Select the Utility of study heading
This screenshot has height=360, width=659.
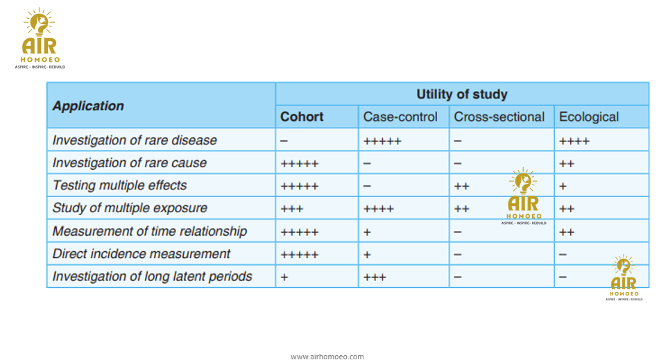click(x=462, y=94)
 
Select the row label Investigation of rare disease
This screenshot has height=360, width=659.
click(x=135, y=140)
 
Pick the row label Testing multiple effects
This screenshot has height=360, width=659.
click(x=119, y=185)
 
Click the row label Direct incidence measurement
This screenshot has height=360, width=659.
click(x=142, y=254)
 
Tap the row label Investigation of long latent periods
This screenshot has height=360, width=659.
click(x=152, y=276)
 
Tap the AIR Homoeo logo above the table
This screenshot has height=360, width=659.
click(x=40, y=38)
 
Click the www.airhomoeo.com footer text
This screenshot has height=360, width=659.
click(x=327, y=357)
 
